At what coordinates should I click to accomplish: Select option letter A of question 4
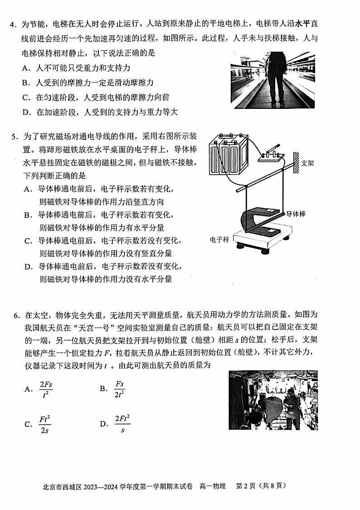[26, 68]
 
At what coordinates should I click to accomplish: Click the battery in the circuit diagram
[226, 154]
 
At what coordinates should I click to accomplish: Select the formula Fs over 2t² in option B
[119, 388]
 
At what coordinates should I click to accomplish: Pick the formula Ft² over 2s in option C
[44, 424]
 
